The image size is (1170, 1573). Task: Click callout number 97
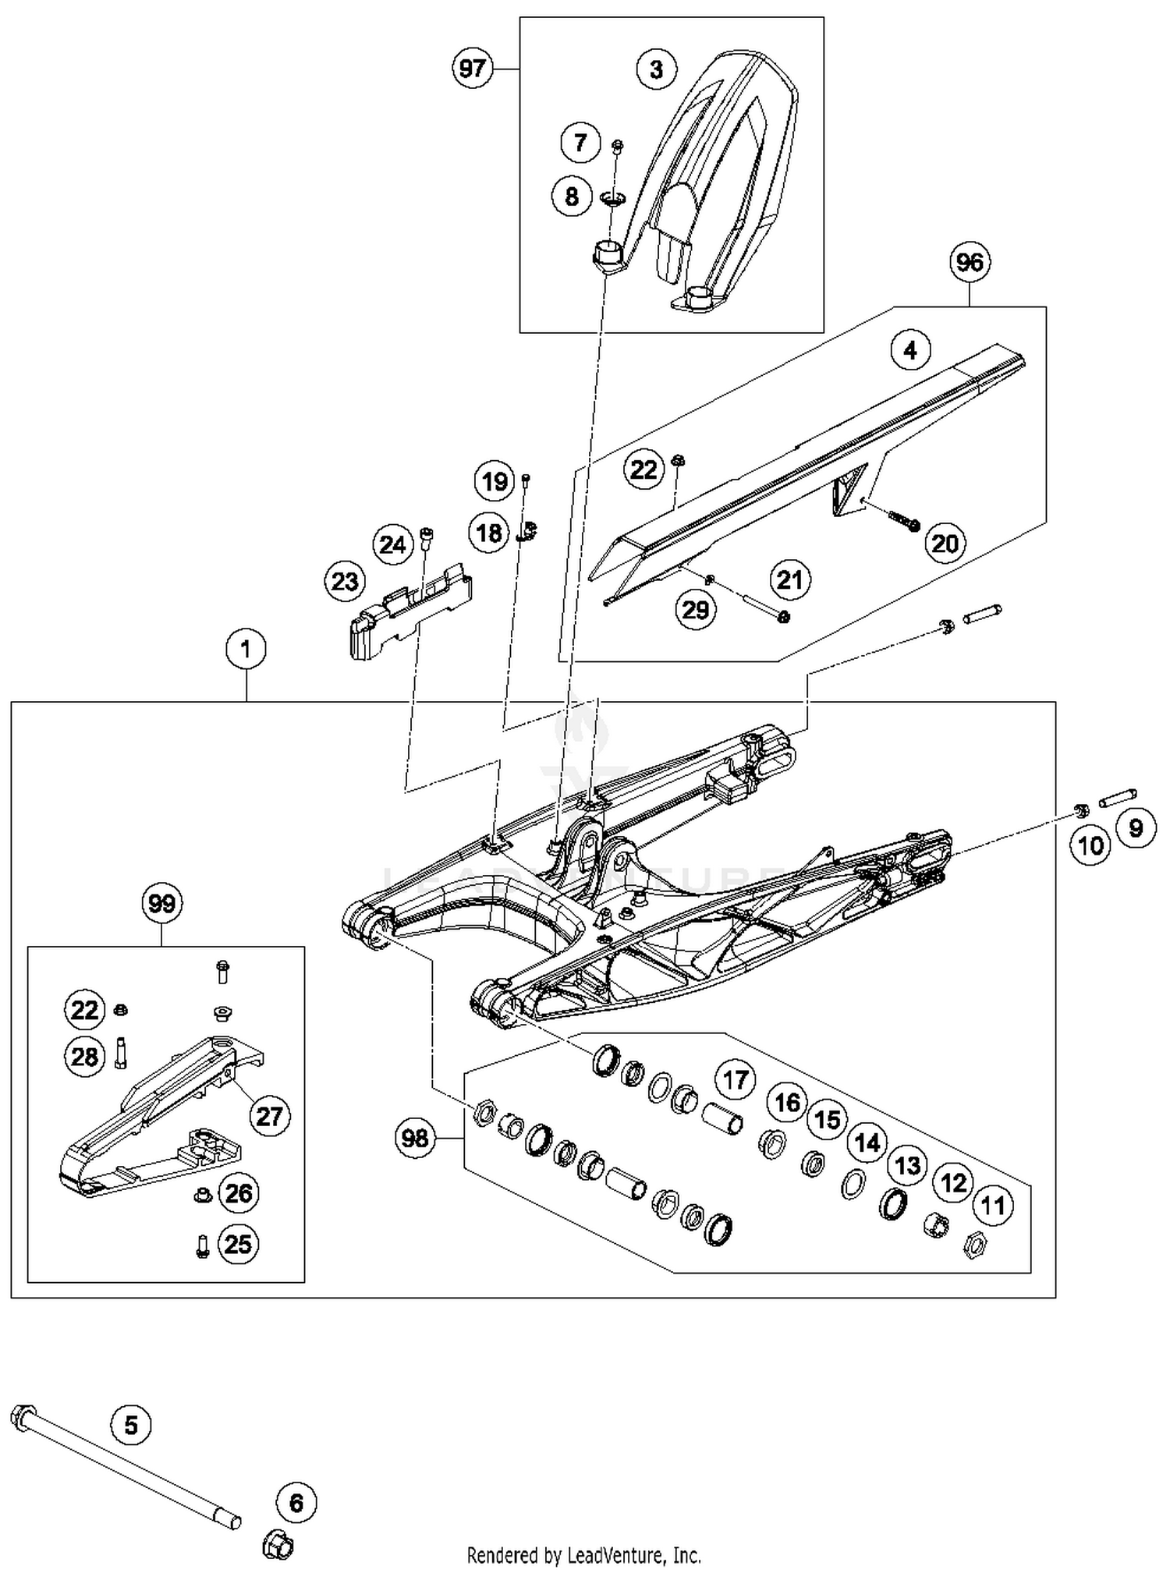pos(472,69)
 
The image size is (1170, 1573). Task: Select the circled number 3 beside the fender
pos(656,69)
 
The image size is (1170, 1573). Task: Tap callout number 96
pos(970,262)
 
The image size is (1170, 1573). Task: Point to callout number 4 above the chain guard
pos(910,350)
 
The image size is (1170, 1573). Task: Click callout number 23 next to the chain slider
pos(345,581)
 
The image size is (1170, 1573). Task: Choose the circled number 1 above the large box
pos(246,649)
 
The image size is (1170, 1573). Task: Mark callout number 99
pos(161,904)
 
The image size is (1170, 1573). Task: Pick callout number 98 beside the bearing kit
pos(414,1138)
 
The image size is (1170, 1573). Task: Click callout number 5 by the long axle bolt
pos(130,1426)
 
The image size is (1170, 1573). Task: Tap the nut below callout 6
pos(277,1543)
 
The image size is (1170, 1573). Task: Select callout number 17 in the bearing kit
pos(736,1080)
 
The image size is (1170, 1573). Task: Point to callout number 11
pos(992,1206)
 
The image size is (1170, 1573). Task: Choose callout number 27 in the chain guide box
pos(269,1116)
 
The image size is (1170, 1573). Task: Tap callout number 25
pos(238,1244)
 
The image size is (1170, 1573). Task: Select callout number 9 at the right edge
pos(1136,827)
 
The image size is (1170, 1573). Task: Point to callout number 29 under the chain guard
pos(695,609)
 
